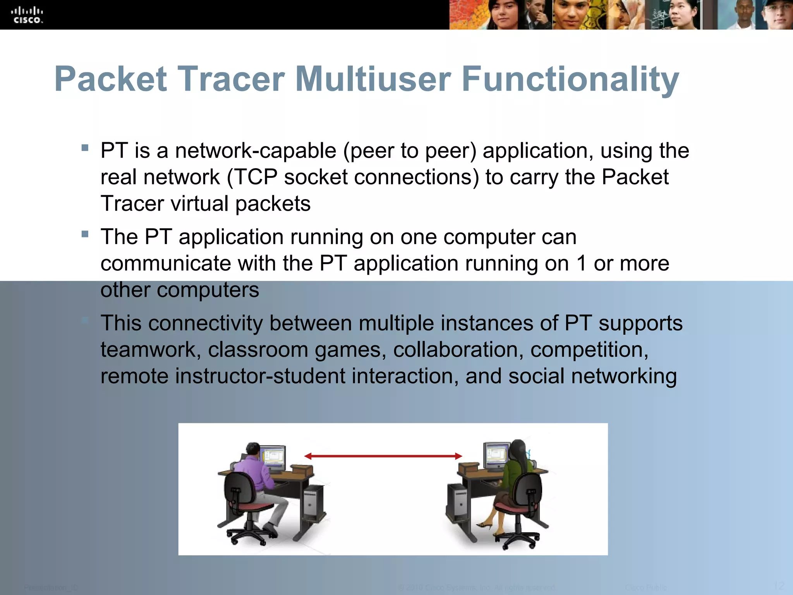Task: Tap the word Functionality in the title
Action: point(570,80)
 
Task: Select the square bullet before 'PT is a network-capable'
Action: point(85,148)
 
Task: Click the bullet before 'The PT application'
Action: point(85,234)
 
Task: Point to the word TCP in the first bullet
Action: point(256,177)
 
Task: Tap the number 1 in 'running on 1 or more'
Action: point(581,264)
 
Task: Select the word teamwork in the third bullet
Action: point(151,350)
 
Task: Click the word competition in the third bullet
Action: point(589,350)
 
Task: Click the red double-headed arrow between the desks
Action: point(383,456)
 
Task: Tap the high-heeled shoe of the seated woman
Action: point(484,526)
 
